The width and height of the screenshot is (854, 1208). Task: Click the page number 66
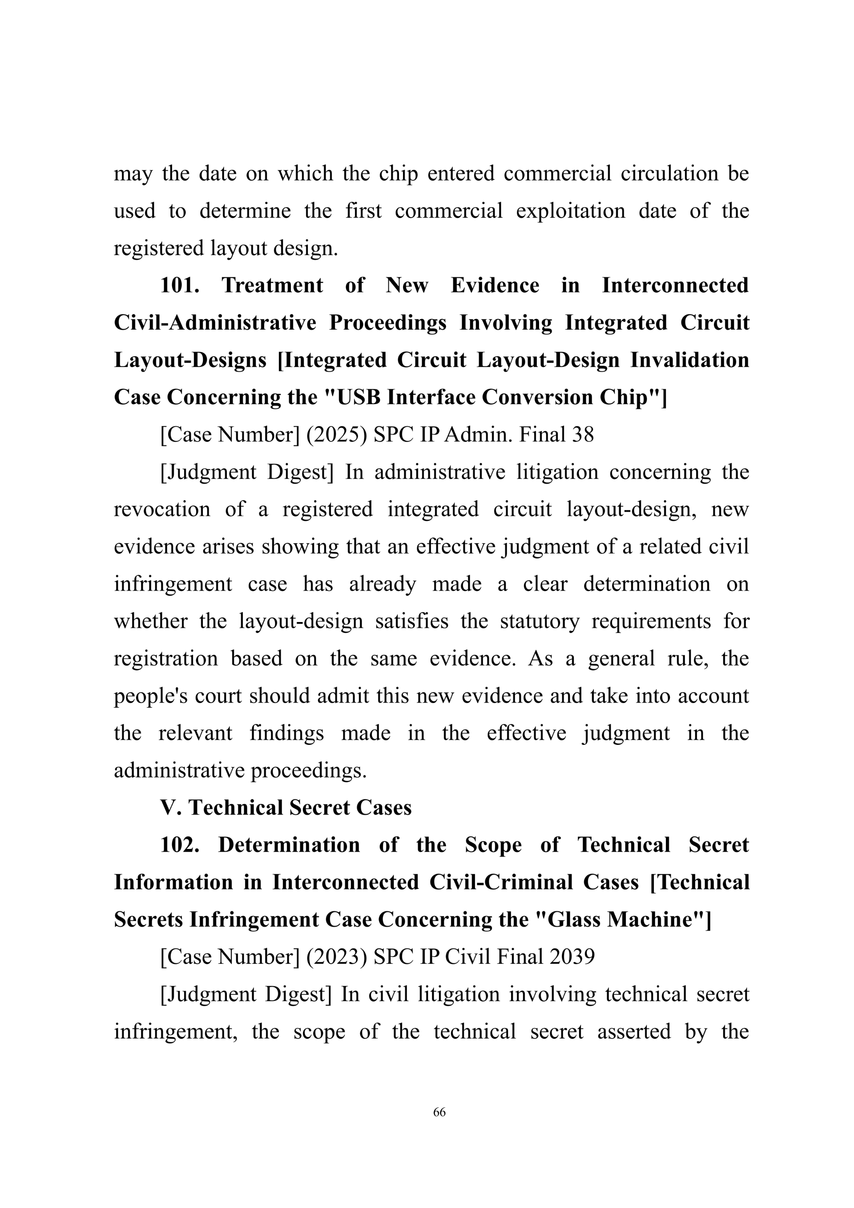point(439,1112)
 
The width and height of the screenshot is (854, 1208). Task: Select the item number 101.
point(179,285)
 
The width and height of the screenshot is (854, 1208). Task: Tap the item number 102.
point(179,844)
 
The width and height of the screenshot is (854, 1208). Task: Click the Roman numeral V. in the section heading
point(171,808)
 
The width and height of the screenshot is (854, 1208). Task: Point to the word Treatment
point(272,285)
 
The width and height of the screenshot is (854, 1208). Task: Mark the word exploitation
point(570,211)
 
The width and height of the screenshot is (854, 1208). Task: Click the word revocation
point(162,509)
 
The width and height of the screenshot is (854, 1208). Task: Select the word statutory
point(539,622)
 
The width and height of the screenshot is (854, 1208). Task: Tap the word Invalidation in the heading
point(689,360)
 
